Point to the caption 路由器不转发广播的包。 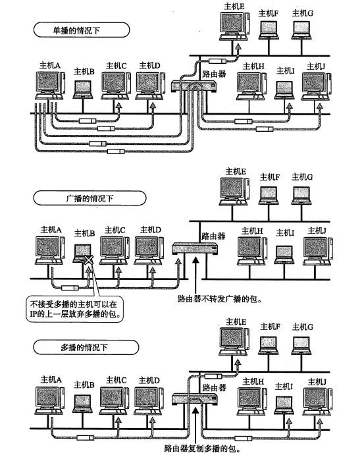point(219,298)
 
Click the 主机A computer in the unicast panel point(49,86)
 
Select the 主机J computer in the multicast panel point(315,399)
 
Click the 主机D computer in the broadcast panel point(148,248)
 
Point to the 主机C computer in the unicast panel point(115,86)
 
